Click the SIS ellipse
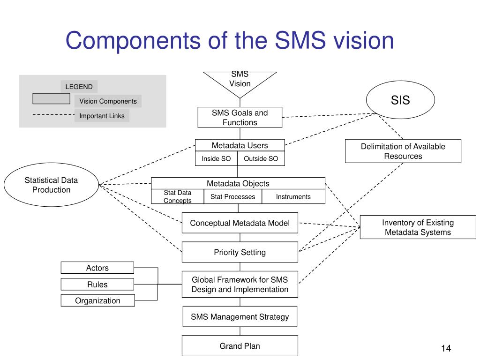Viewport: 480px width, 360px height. tap(400, 100)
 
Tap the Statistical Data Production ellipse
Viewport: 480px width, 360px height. tap(51, 185)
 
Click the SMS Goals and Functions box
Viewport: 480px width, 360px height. tap(240, 117)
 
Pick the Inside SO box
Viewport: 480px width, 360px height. tap(216, 158)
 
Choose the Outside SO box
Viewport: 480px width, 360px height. tap(261, 158)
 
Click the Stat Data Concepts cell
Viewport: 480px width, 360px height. tap(178, 196)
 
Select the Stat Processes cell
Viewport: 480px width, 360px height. tap(232, 196)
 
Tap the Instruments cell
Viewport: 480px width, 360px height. tap(293, 196)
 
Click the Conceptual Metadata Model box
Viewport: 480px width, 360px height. tap(240, 223)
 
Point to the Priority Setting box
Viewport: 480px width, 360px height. tap(240, 252)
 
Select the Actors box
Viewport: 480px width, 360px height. tap(97, 268)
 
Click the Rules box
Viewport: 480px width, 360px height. tap(97, 284)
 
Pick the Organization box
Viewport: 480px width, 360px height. tap(97, 300)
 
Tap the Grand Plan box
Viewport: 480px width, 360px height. tap(240, 345)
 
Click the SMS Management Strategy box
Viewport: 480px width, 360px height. tap(240, 316)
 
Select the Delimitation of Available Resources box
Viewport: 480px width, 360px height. tap(403, 151)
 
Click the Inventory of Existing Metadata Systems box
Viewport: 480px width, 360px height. tap(418, 227)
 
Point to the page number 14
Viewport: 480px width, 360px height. tap(446, 348)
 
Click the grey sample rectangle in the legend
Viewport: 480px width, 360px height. tap(51, 98)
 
